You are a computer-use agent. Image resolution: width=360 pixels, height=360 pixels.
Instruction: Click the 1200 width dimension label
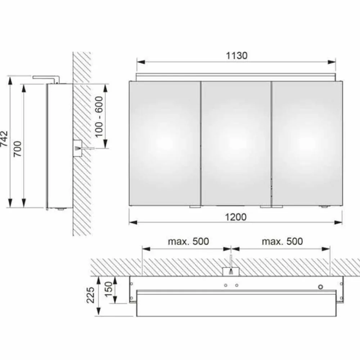236,217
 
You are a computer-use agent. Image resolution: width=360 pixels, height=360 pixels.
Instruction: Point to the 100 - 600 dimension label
99,116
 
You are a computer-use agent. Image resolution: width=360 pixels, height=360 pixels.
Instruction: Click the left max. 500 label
188,241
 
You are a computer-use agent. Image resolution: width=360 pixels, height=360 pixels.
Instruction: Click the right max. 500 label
282,241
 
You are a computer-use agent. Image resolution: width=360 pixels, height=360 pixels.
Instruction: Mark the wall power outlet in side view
77,148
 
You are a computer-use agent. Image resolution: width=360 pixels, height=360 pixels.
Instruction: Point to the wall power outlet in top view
230,271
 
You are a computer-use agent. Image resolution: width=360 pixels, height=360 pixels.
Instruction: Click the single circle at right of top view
320,287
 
